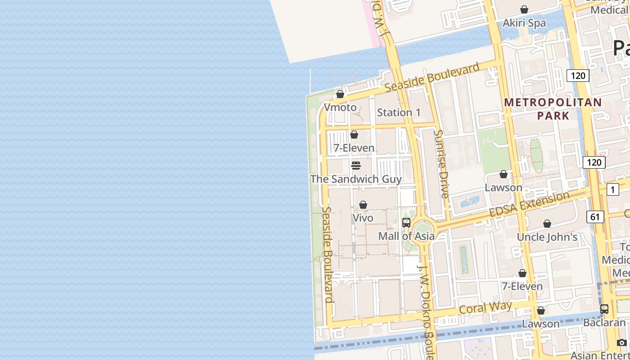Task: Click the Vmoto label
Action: tap(340, 108)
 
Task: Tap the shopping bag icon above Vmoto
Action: tap(340, 94)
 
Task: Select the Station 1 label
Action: tap(399, 112)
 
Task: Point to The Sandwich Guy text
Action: tap(356, 179)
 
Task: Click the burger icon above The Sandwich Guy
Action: tap(356, 166)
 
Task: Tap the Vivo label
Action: tap(363, 218)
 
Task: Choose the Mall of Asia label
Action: tap(406, 236)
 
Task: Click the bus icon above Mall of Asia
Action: tap(406, 223)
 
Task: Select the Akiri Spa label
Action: tap(524, 23)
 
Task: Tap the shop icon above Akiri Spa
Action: tap(524, 9)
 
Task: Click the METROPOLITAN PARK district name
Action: tap(553, 109)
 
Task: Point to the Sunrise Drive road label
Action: tap(442, 164)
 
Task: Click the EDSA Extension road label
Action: tap(529, 204)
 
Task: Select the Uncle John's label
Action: tap(547, 237)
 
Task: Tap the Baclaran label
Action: tap(604, 323)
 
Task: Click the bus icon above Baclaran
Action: tap(604, 310)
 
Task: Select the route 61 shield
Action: tap(595, 217)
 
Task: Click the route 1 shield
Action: tap(612, 189)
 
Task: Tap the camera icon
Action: tap(621, 342)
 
